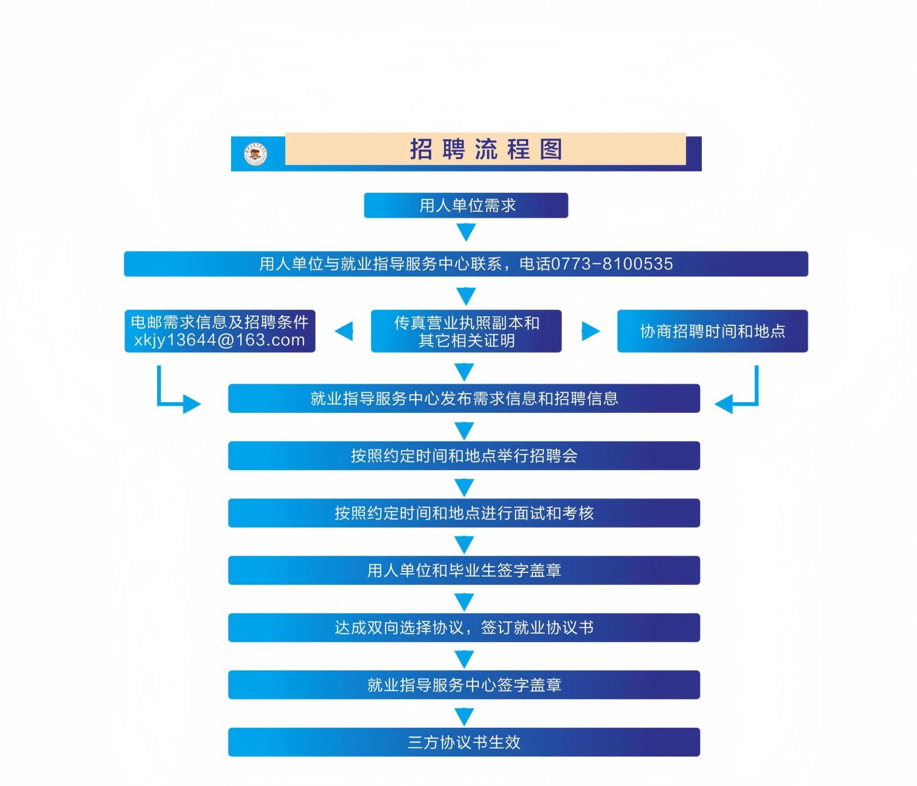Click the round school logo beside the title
(x=256, y=154)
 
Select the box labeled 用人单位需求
(x=466, y=205)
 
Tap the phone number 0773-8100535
(x=612, y=264)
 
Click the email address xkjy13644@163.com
(x=220, y=340)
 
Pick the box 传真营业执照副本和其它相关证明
(x=466, y=331)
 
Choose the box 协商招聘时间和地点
(x=712, y=331)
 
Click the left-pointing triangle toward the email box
(x=345, y=331)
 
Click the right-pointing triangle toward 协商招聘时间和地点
(x=590, y=331)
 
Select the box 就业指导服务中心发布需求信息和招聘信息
(x=464, y=398)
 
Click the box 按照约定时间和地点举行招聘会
(x=464, y=455)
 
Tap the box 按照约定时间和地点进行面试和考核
(x=464, y=513)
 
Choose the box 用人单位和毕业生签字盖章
(x=464, y=570)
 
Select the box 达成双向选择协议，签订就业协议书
(x=464, y=627)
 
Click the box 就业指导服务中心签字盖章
(x=464, y=685)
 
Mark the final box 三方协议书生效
(x=464, y=742)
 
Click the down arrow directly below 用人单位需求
(x=466, y=232)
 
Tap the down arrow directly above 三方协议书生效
(x=464, y=716)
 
